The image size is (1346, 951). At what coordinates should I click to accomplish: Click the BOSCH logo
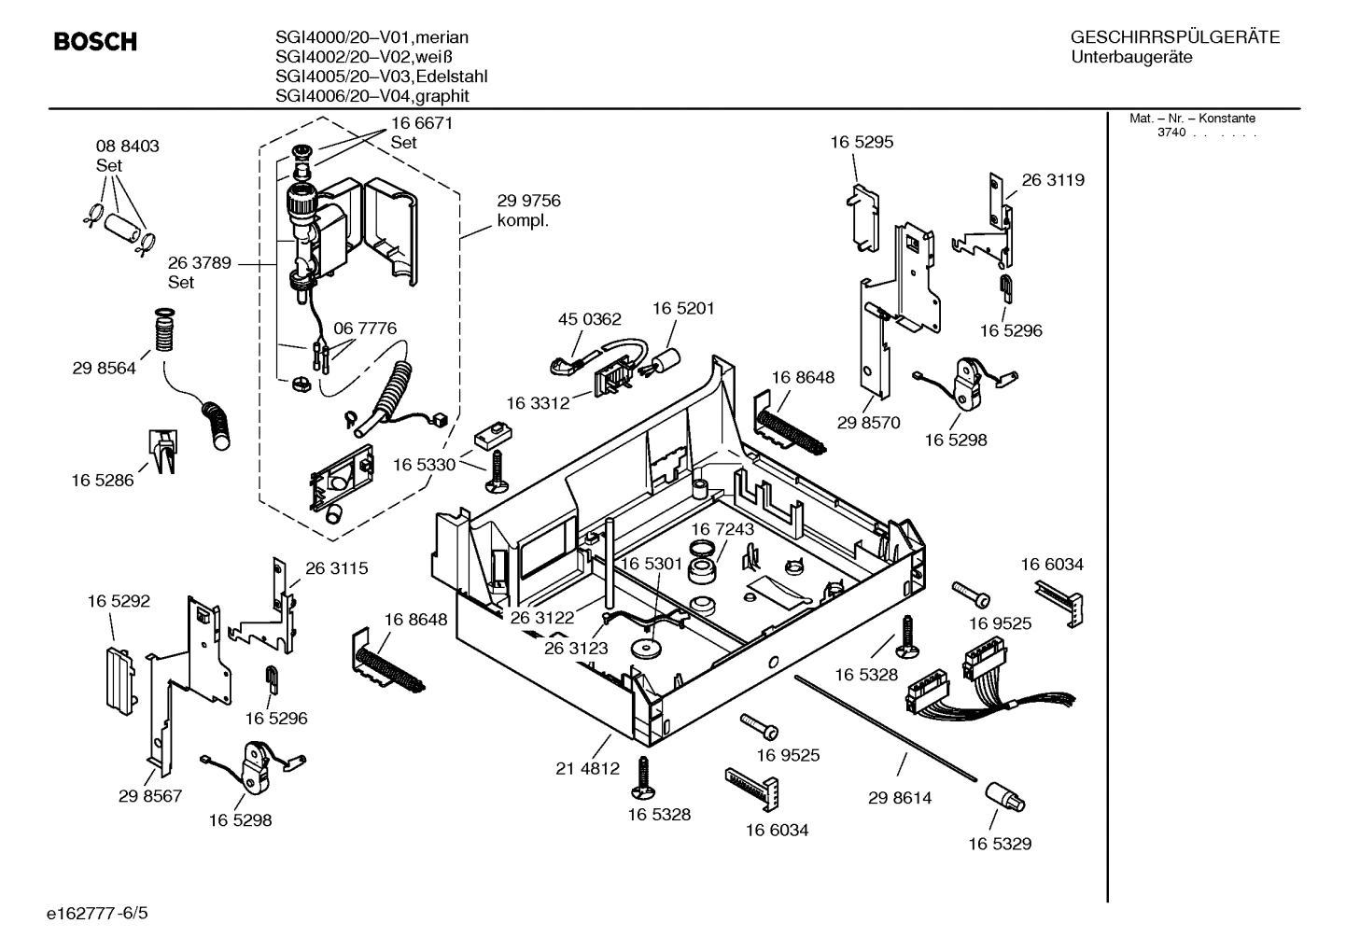click(x=95, y=42)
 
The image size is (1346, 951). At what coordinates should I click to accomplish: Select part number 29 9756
click(x=528, y=201)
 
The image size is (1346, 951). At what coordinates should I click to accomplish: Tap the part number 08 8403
click(x=128, y=147)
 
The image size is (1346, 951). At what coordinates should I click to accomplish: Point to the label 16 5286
click(x=103, y=481)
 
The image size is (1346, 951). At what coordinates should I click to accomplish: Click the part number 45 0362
click(x=589, y=319)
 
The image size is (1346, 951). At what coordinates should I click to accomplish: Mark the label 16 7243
click(x=722, y=529)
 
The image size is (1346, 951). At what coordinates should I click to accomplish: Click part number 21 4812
click(x=587, y=769)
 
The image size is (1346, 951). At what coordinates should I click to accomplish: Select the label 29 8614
click(x=899, y=798)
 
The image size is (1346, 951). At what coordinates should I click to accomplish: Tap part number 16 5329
click(x=999, y=844)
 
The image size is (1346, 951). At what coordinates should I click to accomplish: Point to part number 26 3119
click(x=1053, y=180)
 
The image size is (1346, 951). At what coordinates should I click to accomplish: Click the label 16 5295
click(x=862, y=142)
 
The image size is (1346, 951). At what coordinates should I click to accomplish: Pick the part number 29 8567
click(x=150, y=796)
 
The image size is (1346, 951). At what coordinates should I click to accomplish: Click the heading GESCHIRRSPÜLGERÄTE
click(x=1174, y=37)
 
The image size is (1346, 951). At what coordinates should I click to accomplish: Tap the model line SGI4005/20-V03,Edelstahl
click(x=381, y=77)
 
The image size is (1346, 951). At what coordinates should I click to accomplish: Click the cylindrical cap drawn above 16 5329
click(x=1004, y=798)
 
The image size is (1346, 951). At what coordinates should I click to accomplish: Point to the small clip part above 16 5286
click(x=161, y=452)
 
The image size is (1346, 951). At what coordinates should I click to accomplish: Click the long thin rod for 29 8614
click(x=887, y=726)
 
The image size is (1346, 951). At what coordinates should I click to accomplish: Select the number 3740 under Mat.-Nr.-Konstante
click(x=1171, y=133)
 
